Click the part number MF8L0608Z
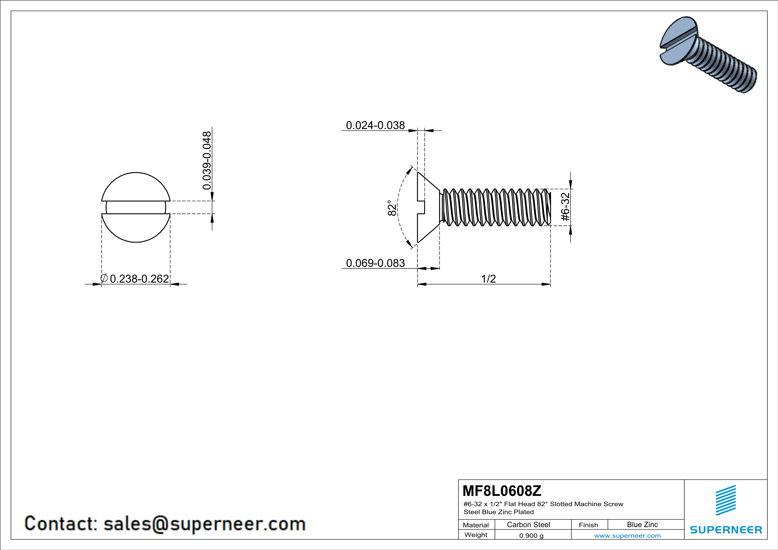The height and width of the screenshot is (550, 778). click(x=502, y=491)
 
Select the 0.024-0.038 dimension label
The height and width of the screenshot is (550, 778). click(x=375, y=125)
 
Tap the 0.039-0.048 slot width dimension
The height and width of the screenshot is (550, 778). click(x=207, y=161)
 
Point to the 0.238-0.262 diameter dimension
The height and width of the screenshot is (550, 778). click(x=139, y=279)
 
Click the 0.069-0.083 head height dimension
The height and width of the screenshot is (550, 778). click(x=375, y=263)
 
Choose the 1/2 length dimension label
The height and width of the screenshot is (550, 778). click(x=489, y=279)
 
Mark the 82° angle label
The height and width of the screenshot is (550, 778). click(x=392, y=208)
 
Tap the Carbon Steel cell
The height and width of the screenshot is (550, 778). click(x=529, y=524)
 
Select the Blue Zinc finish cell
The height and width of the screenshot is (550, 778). click(x=642, y=524)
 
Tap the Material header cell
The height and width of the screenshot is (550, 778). click(x=476, y=525)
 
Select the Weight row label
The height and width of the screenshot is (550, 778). click(x=476, y=535)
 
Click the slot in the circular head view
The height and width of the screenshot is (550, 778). click(x=136, y=207)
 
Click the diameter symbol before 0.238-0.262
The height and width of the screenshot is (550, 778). click(x=104, y=278)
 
